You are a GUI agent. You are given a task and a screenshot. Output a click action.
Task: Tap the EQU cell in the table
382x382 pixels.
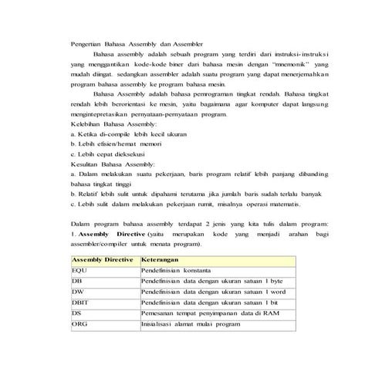77,272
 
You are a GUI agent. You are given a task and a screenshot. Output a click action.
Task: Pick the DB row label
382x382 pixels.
75,282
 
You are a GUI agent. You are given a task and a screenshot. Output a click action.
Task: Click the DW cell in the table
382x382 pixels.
76,293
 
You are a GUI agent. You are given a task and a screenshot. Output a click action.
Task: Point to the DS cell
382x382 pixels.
75,315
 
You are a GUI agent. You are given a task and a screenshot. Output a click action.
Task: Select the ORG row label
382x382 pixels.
77,326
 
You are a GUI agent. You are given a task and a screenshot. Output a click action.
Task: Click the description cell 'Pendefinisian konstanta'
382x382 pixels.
176,272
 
